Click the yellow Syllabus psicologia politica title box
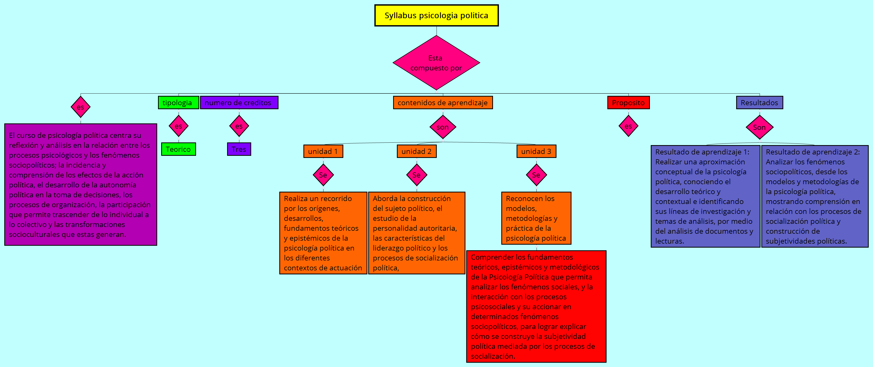pyautogui.click(x=436, y=16)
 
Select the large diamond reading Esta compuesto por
pyautogui.click(x=436, y=63)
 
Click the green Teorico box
pyautogui.click(x=178, y=149)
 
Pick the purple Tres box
pyautogui.click(x=239, y=149)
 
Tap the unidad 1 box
pyautogui.click(x=323, y=151)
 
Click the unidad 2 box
pyautogui.click(x=416, y=151)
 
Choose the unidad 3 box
pyautogui.click(x=536, y=151)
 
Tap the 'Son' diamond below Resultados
pyautogui.click(x=759, y=127)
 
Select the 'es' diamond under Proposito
pyautogui.click(x=628, y=126)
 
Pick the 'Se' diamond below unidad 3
pyautogui.click(x=536, y=175)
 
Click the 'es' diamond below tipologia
pyautogui.click(x=178, y=126)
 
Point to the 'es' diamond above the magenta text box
pyautogui.click(x=80, y=107)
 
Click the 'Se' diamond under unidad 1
pyautogui.click(x=323, y=175)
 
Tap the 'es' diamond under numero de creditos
pyautogui.click(x=239, y=126)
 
